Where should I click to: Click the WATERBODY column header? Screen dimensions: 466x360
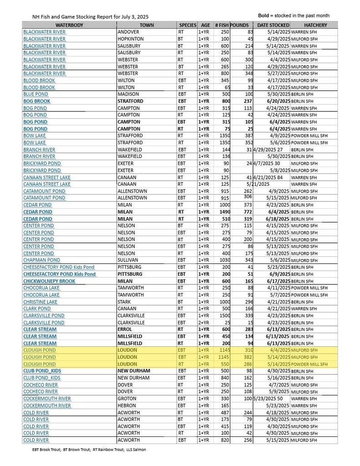click(69, 25)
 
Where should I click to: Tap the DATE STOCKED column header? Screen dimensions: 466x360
click(273, 25)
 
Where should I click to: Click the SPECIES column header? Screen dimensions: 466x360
click(188, 25)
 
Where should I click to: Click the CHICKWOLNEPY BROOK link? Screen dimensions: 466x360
click(49, 281)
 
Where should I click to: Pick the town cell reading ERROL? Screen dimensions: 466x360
click(125, 329)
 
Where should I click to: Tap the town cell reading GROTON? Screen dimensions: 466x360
click(127, 399)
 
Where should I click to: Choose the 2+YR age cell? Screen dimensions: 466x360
click(204, 322)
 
